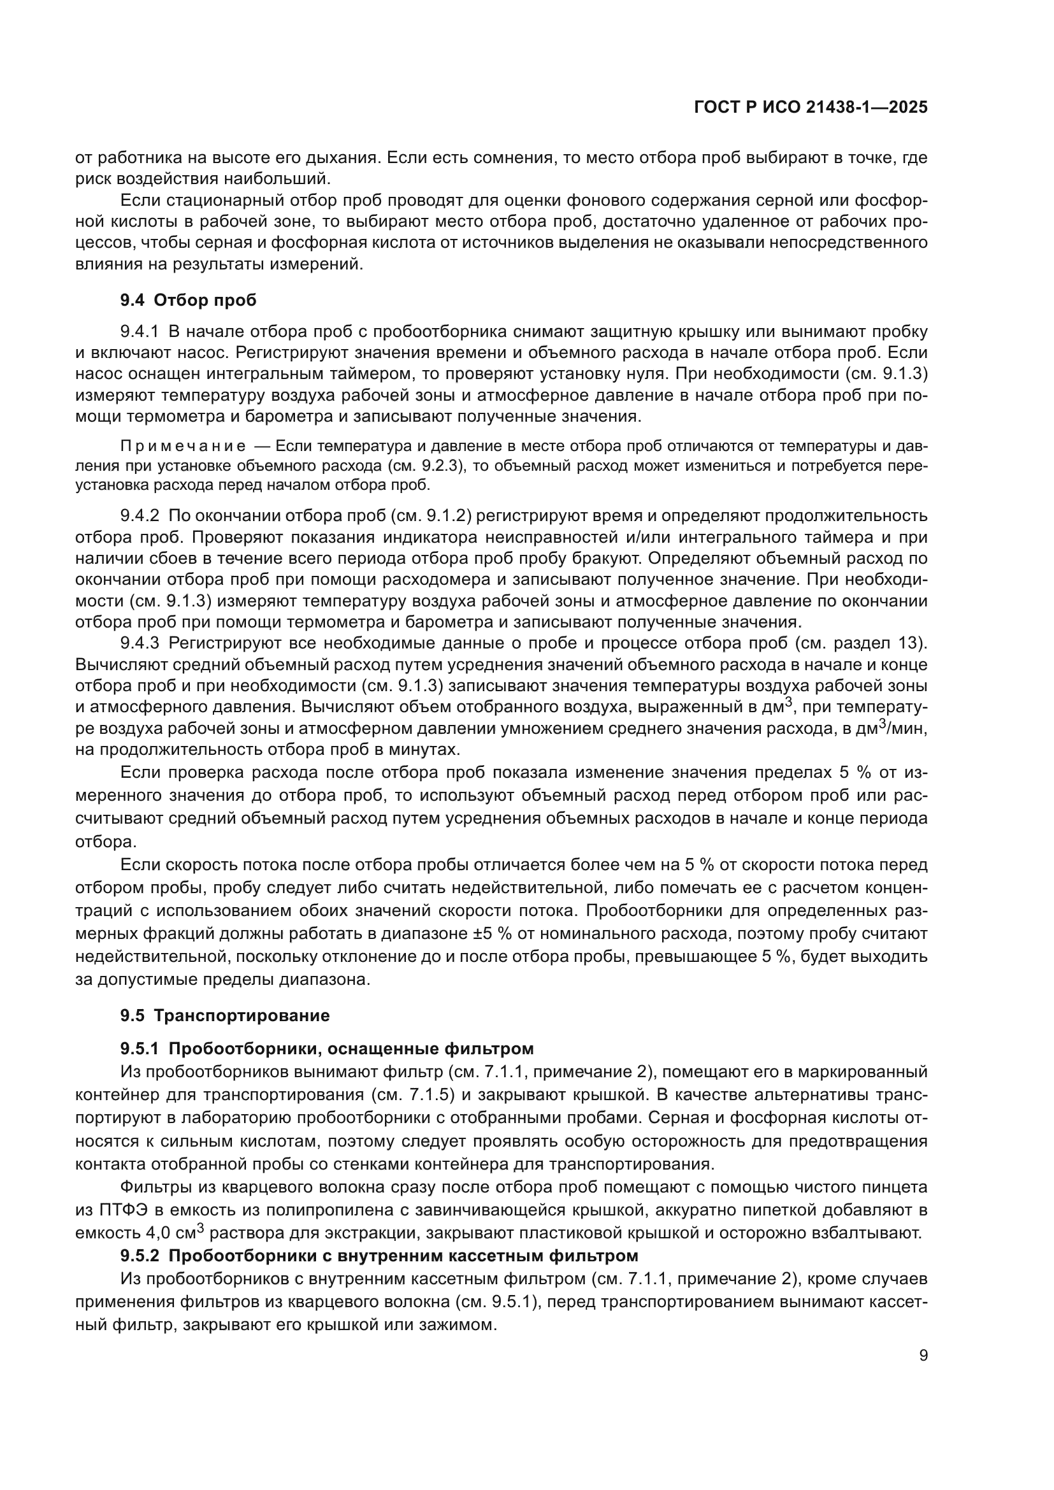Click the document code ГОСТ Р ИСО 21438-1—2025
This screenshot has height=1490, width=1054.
(811, 108)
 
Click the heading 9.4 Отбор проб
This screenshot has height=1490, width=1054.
(188, 301)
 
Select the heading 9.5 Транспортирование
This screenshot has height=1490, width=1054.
(224, 1015)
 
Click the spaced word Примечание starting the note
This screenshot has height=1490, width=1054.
(183, 447)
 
